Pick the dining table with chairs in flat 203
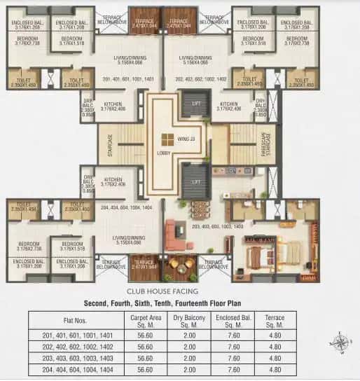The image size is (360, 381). click(x=200, y=209)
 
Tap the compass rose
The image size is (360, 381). click(x=341, y=343)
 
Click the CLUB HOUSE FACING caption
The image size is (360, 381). click(x=180, y=291)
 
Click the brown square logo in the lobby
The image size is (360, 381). click(x=167, y=138)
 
